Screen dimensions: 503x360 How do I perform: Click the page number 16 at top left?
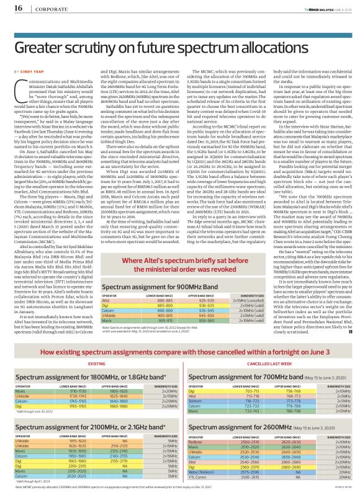pos(14,7)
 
